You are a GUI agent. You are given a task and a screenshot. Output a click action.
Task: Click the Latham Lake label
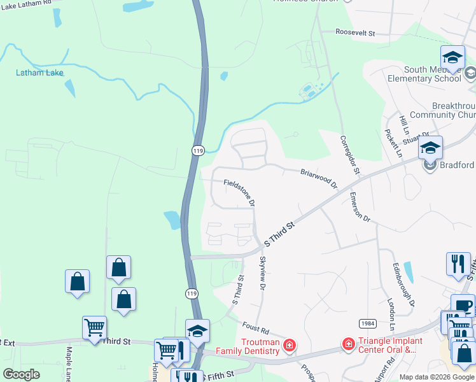pyautogui.click(x=39, y=73)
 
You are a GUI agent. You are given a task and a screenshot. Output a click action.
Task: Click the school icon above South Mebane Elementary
pyautogui.click(x=452, y=57)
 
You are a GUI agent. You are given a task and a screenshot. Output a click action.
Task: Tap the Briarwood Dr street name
pyautogui.click(x=319, y=178)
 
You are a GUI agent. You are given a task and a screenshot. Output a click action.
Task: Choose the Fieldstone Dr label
pyautogui.click(x=239, y=192)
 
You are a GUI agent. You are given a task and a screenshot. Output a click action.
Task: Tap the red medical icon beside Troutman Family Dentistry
pyautogui.click(x=289, y=345)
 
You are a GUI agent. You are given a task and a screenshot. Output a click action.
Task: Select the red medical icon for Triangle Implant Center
pyautogui.click(x=348, y=344)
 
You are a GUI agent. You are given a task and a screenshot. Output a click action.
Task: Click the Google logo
pyautogui.click(x=21, y=374)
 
